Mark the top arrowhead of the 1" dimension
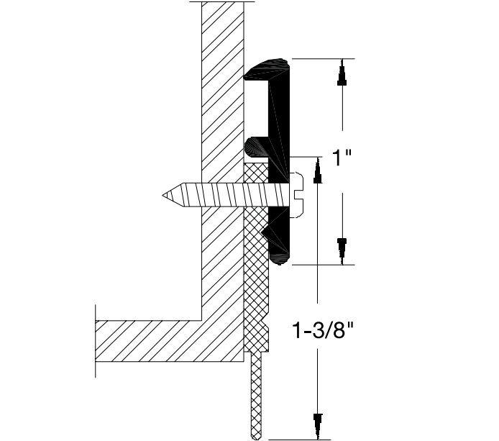343,76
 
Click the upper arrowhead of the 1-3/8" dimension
316,170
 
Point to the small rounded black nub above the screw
255,147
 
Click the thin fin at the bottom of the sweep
255,396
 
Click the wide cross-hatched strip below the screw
255,288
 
